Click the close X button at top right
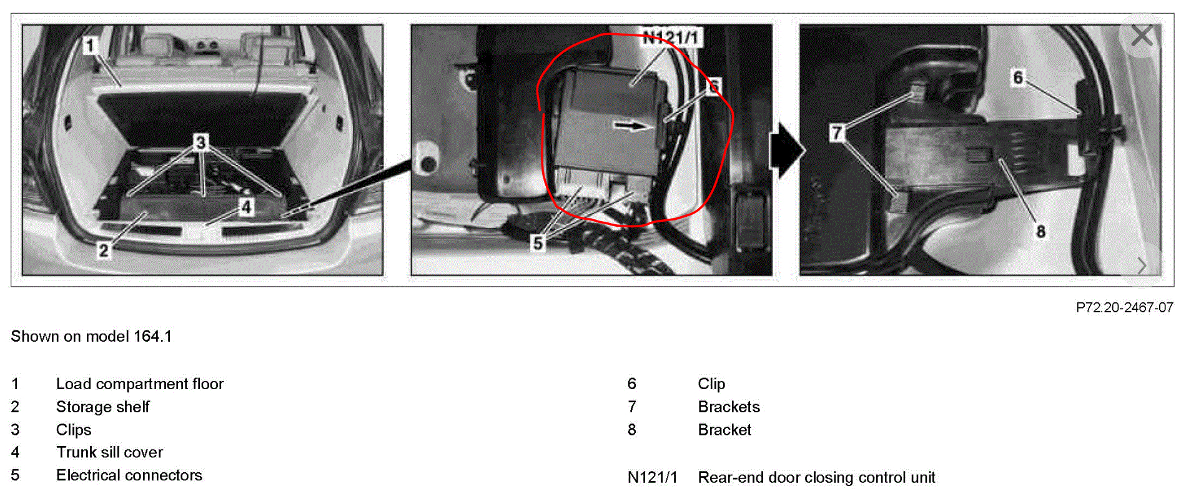1142,36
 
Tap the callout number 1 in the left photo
91,46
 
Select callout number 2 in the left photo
104,250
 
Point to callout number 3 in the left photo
200,142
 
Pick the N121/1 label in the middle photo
671,38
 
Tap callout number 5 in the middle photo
538,243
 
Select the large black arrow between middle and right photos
788,151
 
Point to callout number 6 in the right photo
1018,78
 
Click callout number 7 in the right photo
837,132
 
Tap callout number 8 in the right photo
1040,232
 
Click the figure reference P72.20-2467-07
1124,307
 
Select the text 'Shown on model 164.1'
91,336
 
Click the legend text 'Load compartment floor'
140,384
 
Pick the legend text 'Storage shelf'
103,407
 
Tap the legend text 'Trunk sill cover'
109,452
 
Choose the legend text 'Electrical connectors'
129,475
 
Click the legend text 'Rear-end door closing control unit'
816,477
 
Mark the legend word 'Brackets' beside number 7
729,407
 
